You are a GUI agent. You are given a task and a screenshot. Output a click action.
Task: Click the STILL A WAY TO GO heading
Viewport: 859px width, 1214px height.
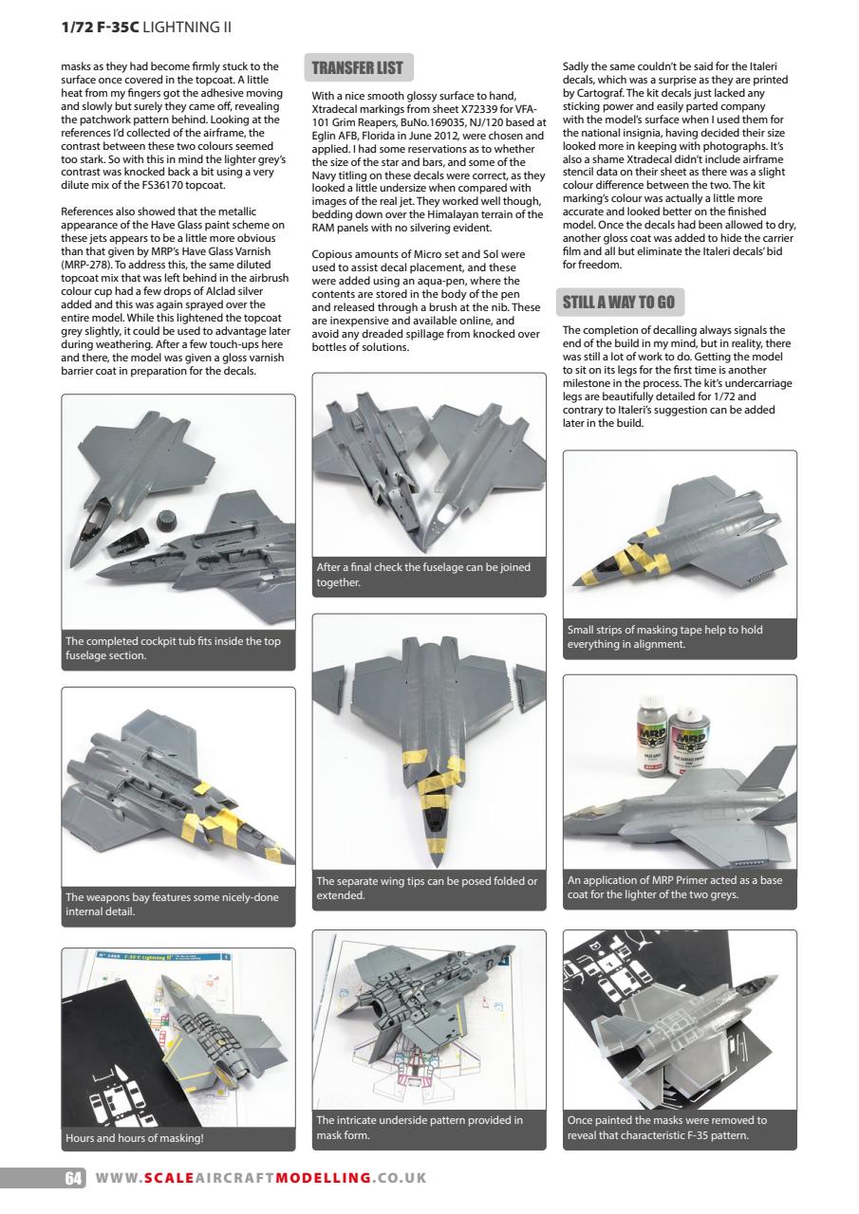point(618,303)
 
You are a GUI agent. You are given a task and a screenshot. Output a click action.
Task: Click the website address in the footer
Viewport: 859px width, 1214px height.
point(260,1178)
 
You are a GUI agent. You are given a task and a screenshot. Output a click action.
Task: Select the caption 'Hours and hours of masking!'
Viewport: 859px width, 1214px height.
point(135,1137)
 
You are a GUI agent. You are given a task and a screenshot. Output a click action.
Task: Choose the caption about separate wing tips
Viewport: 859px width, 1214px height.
point(427,889)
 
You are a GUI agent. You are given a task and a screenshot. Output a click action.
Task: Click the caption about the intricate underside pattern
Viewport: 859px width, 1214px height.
point(427,1128)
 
